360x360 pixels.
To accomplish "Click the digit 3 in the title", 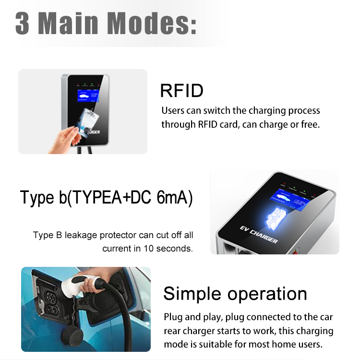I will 23,23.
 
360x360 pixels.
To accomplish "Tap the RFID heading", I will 181,90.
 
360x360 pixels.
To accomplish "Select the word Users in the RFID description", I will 172,111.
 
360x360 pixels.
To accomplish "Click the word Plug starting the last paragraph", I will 172,317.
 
